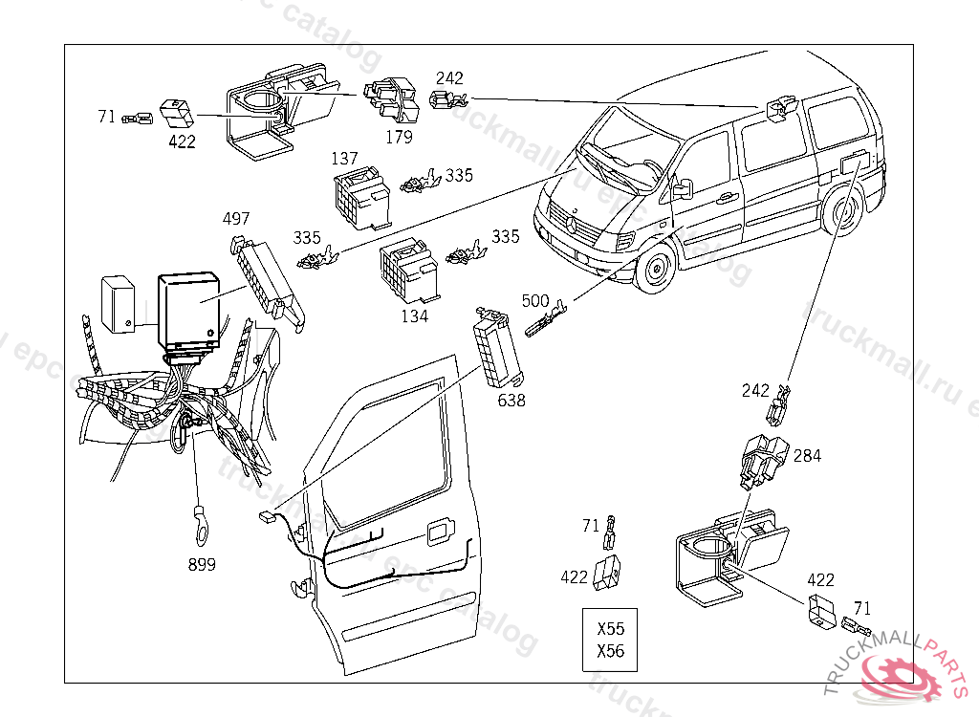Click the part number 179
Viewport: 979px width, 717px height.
pos(399,138)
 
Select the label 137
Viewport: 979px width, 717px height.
pos(344,158)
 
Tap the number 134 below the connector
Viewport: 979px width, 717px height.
pos(414,316)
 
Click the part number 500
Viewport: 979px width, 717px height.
pos(535,300)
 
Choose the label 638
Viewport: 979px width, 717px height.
pos(511,401)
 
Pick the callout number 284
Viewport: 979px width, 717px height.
pos(807,456)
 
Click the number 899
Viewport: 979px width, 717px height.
pos(202,565)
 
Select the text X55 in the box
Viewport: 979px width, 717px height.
pos(610,629)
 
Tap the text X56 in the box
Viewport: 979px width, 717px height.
pos(610,651)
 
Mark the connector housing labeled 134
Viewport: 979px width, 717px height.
pos(406,271)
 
